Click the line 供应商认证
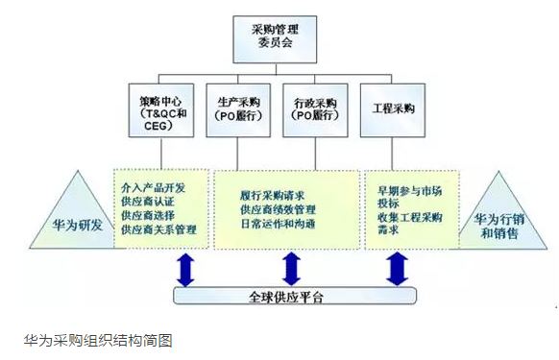tap(149, 203)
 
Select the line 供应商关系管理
tap(159, 230)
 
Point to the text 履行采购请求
tap(271, 195)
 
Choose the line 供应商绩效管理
tap(279, 209)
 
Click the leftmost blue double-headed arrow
tap(185, 268)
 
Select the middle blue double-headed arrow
tap(292, 268)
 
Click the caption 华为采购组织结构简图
tap(98, 339)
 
